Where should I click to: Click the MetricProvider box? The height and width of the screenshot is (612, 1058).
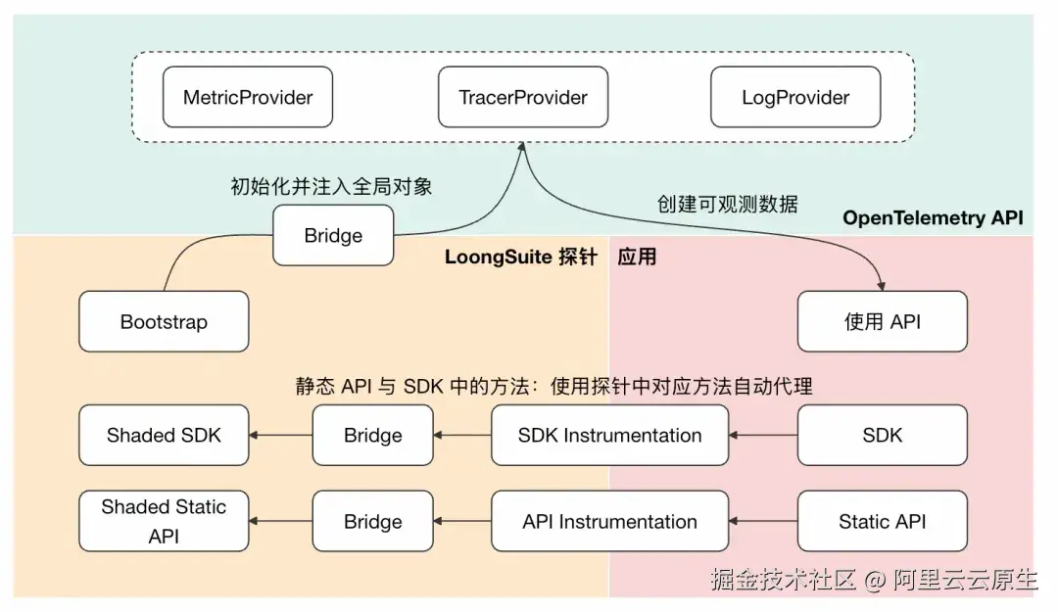[x=248, y=97]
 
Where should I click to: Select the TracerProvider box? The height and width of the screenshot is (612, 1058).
[x=523, y=97]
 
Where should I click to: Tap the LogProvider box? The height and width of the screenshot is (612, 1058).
[x=795, y=97]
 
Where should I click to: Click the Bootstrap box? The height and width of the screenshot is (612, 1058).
[x=164, y=321]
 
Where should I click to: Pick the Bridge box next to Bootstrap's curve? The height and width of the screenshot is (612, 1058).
[x=333, y=235]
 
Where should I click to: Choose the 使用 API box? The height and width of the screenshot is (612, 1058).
[x=883, y=321]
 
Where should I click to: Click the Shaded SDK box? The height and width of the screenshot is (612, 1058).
[x=164, y=435]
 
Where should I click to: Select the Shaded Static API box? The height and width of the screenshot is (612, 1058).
[x=164, y=521]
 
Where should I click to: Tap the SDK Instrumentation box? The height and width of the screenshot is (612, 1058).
[x=610, y=435]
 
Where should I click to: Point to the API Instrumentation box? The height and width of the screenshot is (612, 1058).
[x=610, y=521]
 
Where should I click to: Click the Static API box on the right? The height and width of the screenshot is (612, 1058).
[x=883, y=521]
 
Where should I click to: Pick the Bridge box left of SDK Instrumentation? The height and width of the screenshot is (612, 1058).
[x=373, y=435]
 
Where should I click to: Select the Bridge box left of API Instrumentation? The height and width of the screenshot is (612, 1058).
[x=373, y=521]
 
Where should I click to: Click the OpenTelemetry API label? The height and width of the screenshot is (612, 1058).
[x=933, y=218]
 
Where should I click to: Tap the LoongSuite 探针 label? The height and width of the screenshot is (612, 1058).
[x=521, y=257]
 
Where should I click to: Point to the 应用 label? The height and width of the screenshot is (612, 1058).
[x=637, y=257]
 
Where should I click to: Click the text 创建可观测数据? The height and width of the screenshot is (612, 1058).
[x=727, y=204]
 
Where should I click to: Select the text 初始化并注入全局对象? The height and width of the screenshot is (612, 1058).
[x=331, y=186]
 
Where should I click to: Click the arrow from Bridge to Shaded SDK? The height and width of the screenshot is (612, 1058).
[x=281, y=435]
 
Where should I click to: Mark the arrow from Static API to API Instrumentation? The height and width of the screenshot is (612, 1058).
[x=763, y=521]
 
